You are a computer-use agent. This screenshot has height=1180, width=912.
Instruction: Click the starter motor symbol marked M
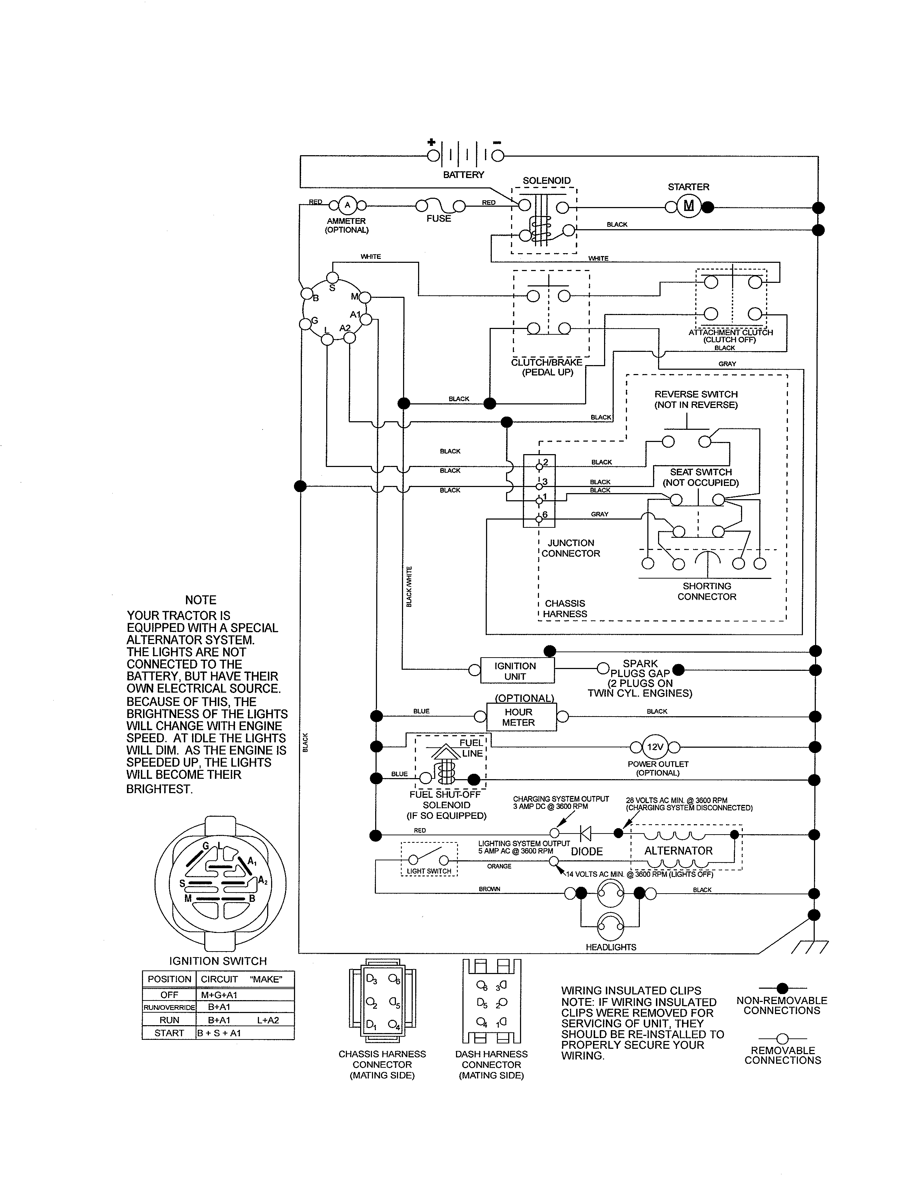[x=688, y=206]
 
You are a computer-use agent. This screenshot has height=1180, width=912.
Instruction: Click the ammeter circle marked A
[x=347, y=205]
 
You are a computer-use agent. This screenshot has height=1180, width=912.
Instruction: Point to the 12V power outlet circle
[x=655, y=747]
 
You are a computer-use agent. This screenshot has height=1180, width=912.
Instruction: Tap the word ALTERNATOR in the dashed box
[x=678, y=850]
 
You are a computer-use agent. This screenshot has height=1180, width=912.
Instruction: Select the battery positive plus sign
[x=431, y=143]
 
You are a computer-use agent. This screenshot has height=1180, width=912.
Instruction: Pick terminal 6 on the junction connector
[x=539, y=519]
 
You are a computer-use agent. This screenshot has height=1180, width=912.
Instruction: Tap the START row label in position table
[x=169, y=1033]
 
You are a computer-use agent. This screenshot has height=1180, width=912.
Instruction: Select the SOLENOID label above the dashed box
[x=546, y=181]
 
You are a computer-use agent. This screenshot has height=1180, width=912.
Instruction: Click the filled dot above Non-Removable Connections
[x=782, y=989]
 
